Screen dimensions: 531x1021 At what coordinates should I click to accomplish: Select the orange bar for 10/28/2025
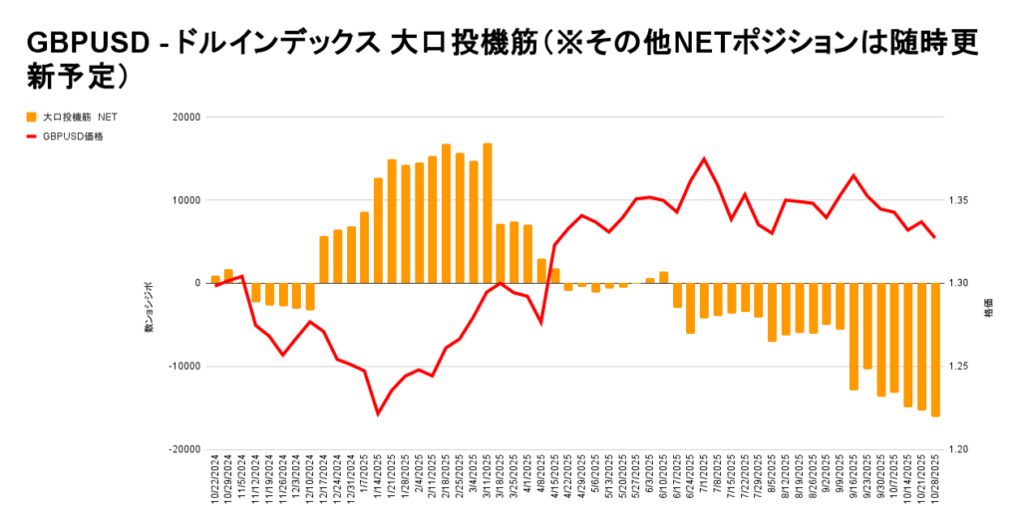[935, 349]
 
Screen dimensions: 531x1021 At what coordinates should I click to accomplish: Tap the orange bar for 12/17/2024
[324, 259]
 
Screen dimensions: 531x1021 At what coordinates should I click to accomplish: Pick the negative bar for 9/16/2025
[853, 336]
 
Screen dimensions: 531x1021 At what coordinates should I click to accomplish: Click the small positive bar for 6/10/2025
[663, 277]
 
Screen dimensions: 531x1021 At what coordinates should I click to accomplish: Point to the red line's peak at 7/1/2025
[704, 158]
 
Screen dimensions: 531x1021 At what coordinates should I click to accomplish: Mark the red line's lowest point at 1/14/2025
[378, 413]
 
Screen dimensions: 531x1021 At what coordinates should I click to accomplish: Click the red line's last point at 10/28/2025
[935, 237]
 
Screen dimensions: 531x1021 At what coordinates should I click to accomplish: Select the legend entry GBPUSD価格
[72, 136]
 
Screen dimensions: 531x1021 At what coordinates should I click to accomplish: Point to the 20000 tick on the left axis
[186, 117]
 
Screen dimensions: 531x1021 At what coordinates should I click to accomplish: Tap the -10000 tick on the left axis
[184, 366]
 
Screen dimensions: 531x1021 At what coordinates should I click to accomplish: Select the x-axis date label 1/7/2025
[365, 478]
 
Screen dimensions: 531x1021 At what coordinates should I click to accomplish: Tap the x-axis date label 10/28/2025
[935, 481]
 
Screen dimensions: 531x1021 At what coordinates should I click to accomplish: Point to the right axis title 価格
[988, 308]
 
